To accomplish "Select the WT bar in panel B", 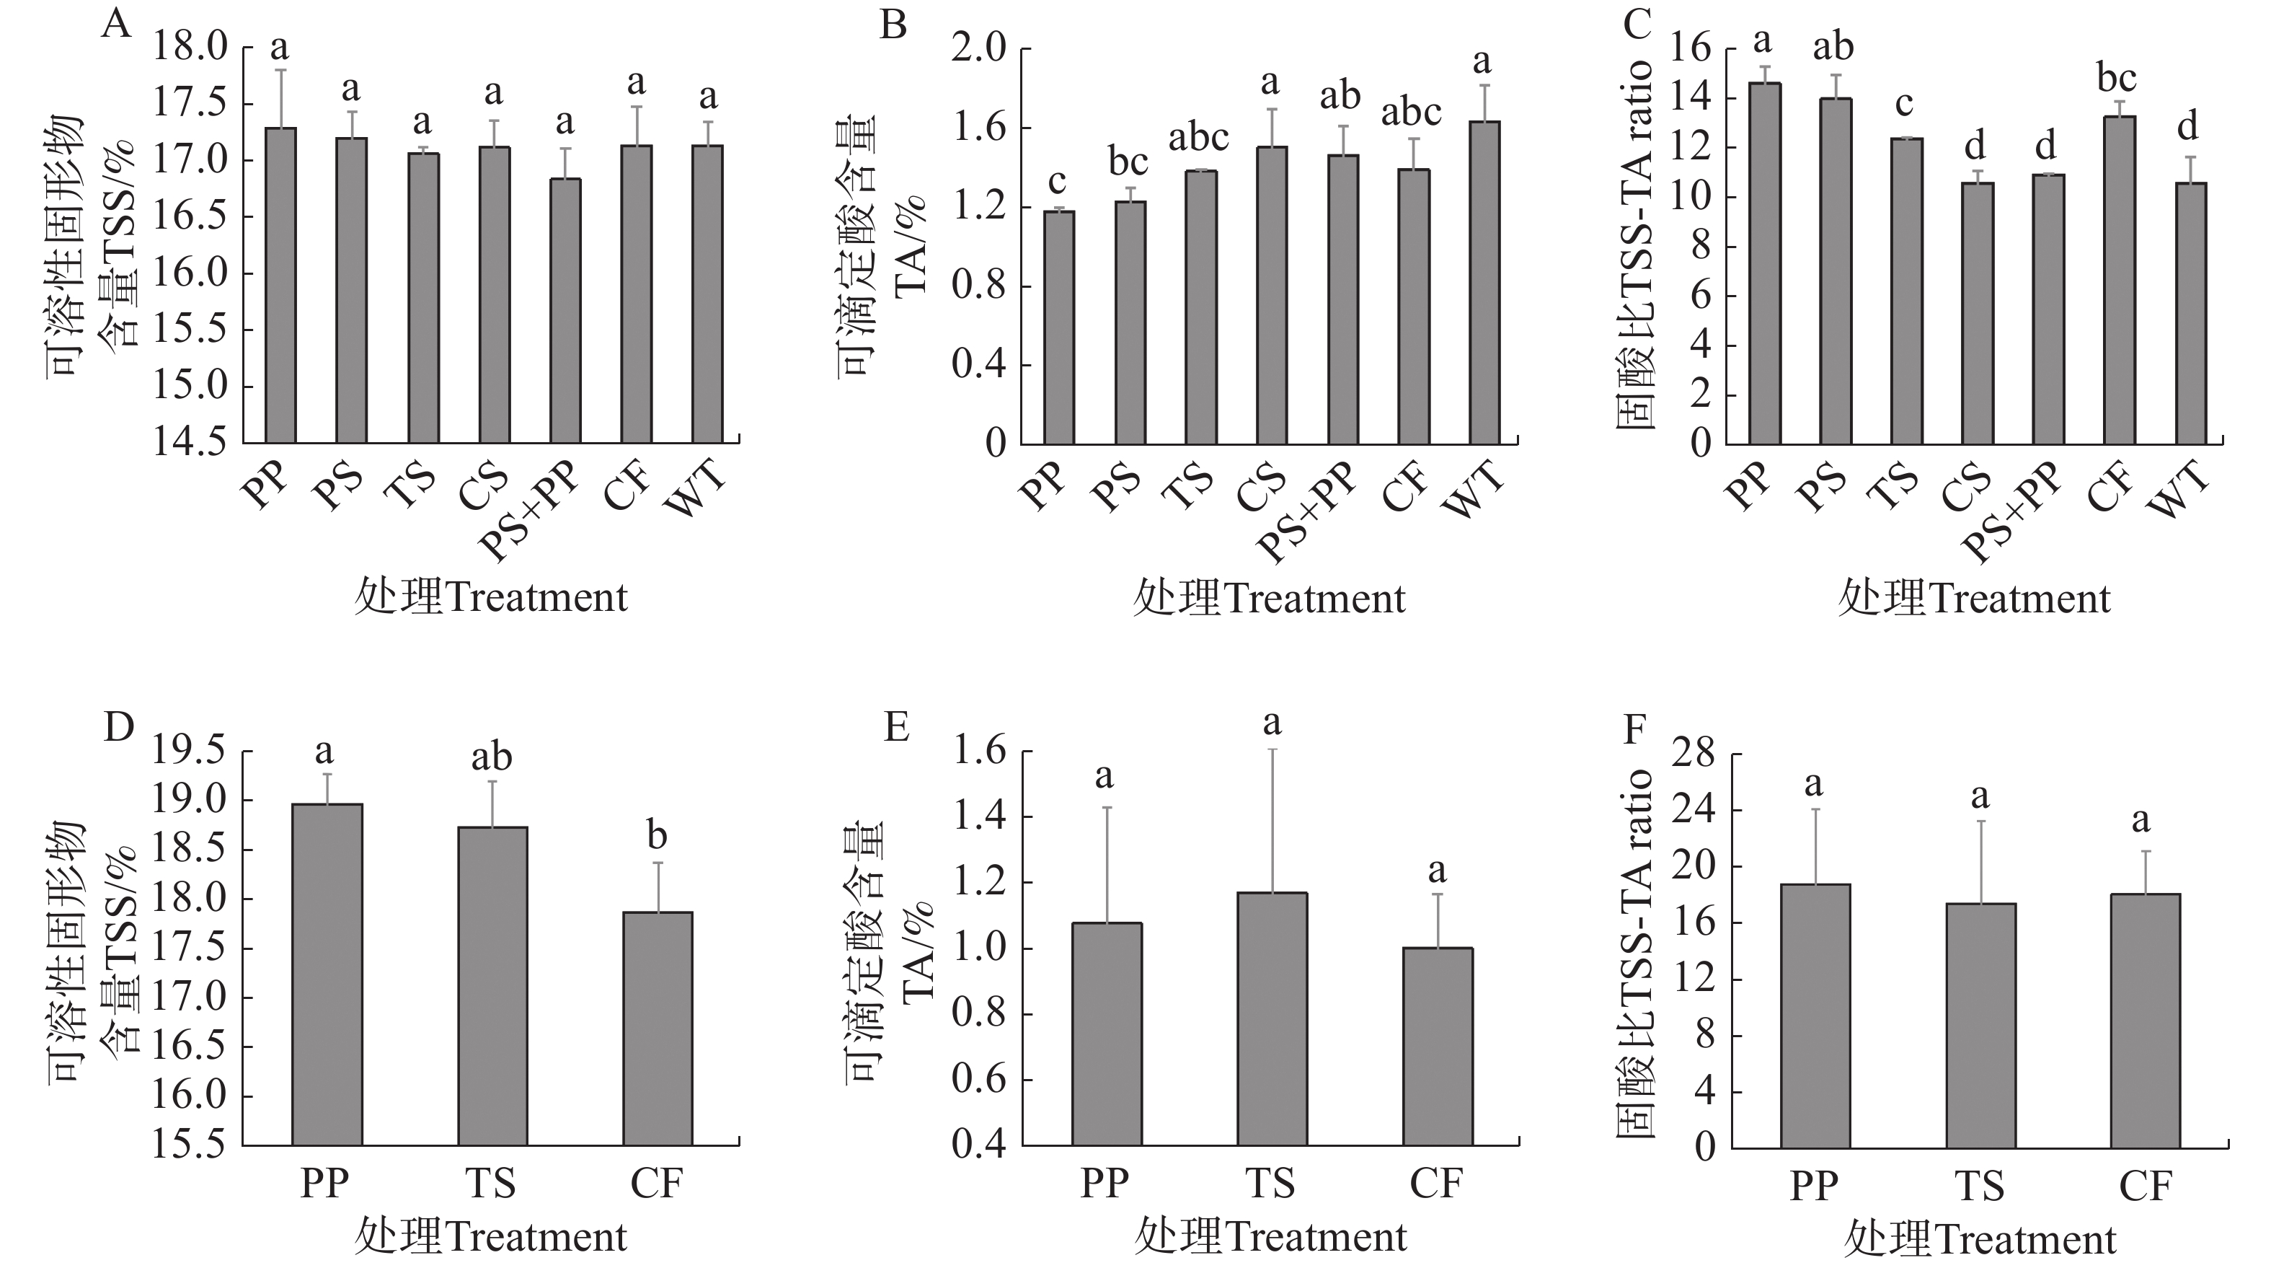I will tap(1484, 282).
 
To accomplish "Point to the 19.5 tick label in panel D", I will tap(190, 752).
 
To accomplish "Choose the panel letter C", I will tap(1637, 25).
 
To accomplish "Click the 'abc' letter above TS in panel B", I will tap(1198, 138).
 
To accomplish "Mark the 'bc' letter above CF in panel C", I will tap(2117, 79).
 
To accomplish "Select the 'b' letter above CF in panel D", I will tap(657, 835).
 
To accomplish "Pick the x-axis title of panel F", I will tap(1979, 1240).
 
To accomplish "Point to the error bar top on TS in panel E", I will tap(1272, 749).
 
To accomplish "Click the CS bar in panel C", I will tap(1978, 313).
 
